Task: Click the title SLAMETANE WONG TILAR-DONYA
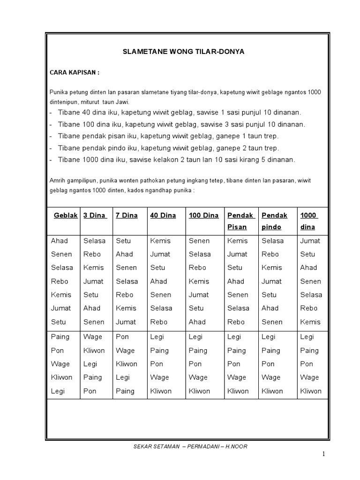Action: (183, 52)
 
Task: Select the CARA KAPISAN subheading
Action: (75, 73)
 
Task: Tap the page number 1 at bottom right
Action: (323, 454)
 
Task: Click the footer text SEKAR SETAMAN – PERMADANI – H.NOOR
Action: (190, 446)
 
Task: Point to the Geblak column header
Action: (66, 215)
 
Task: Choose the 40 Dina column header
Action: (163, 215)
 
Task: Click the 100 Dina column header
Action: (204, 215)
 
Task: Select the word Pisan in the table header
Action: (237, 227)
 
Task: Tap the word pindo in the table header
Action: (271, 227)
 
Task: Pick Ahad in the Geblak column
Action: (60, 241)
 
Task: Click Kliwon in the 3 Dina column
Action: (94, 351)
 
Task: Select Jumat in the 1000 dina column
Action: (310, 241)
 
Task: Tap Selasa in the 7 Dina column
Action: (127, 281)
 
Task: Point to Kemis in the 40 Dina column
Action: (160, 241)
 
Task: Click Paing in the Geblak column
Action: (60, 337)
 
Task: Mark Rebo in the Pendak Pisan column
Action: (236, 322)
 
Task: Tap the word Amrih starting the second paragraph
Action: (57, 180)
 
